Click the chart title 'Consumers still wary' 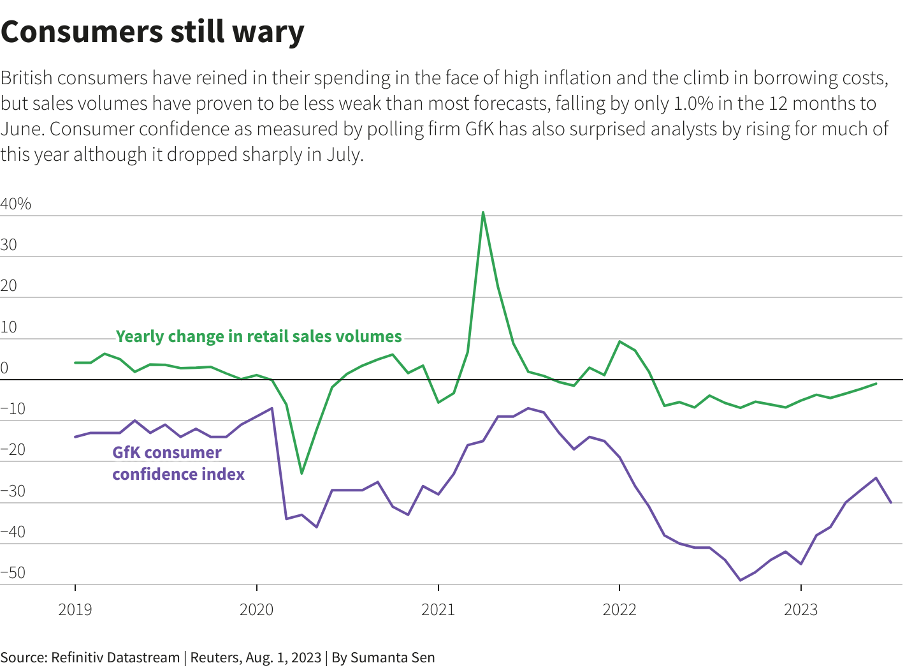[x=152, y=32]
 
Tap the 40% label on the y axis [x=16, y=204]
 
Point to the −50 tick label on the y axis [x=13, y=573]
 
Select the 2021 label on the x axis [x=438, y=610]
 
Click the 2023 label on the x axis [x=800, y=610]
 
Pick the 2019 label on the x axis [x=75, y=610]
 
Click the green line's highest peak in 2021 [x=483, y=212]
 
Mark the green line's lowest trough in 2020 [x=301, y=473]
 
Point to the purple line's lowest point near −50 [x=740, y=580]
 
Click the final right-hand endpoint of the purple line [x=891, y=503]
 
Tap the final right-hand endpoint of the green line [x=876, y=383]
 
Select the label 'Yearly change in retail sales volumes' [x=259, y=336]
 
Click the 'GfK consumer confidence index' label [x=178, y=463]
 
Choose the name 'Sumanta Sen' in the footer [x=393, y=657]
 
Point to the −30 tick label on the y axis [x=13, y=491]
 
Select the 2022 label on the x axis [x=619, y=610]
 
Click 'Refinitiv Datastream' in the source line [x=115, y=657]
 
